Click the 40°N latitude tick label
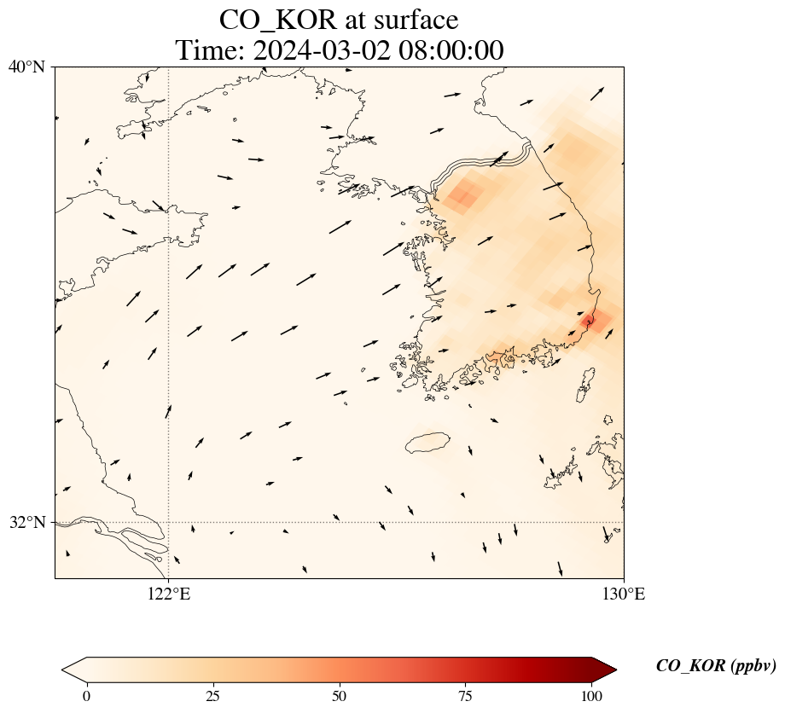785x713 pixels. coord(27,67)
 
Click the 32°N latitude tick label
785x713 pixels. coord(27,522)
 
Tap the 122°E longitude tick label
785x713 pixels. coord(169,594)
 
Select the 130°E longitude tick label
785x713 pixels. coord(624,594)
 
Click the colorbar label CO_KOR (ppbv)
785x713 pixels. coord(716,666)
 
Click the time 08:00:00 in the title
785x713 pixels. coord(448,50)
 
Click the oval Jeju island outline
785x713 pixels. coord(427,443)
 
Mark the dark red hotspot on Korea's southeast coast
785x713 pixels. coord(592,321)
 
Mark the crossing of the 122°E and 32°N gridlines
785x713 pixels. coord(169,522)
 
